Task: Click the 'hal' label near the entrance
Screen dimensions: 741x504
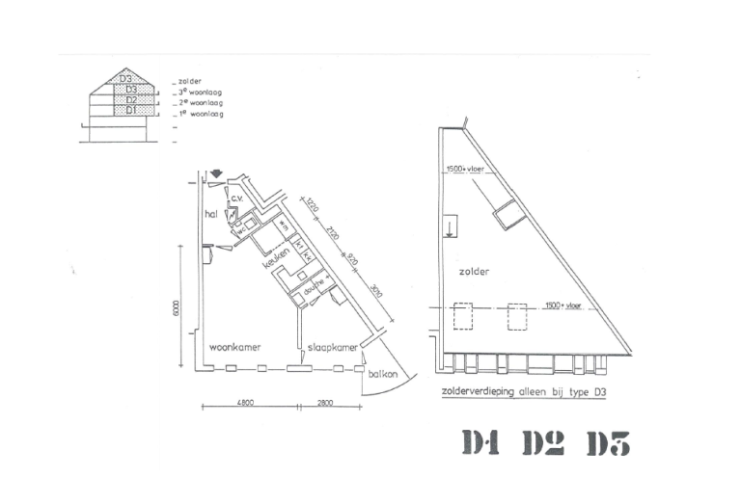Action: pos(209,213)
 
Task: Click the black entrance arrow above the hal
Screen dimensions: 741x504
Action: pos(217,173)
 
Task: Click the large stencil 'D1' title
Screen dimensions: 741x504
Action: pos(480,442)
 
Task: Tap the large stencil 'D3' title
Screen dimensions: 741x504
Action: pos(608,443)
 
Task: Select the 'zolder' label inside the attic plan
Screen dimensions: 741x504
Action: pos(476,272)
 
